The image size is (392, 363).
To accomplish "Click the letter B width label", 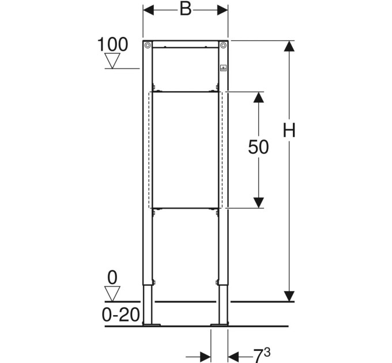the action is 186,9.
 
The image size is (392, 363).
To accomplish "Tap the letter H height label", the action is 289,130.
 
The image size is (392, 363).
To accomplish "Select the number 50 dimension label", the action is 258,147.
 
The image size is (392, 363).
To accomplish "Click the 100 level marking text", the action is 112,44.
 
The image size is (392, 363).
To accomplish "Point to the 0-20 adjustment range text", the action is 120,315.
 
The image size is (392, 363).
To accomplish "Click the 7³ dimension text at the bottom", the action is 262,355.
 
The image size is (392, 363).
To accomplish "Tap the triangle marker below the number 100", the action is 112,60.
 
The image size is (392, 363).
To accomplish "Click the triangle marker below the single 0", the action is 112,294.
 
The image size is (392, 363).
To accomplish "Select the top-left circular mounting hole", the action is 148,45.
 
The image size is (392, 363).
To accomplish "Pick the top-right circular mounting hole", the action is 223,45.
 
